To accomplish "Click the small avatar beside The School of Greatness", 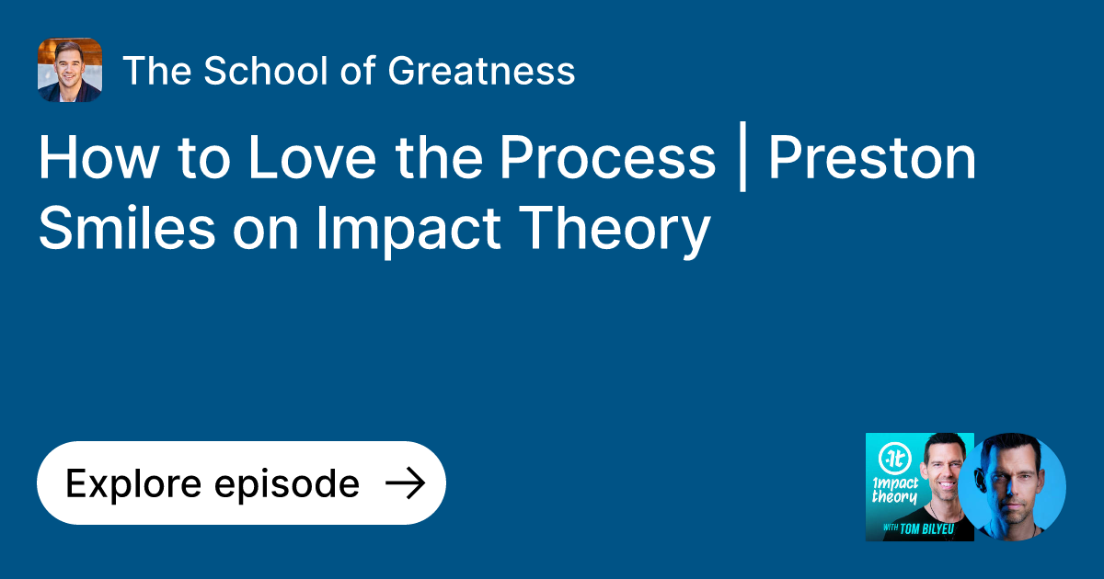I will (x=70, y=70).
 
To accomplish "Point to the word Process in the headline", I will (x=607, y=158).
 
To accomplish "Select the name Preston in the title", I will (x=872, y=158).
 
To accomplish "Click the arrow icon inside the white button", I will (x=404, y=483).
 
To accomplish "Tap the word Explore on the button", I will (x=126, y=483).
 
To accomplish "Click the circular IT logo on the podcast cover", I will (x=892, y=457).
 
